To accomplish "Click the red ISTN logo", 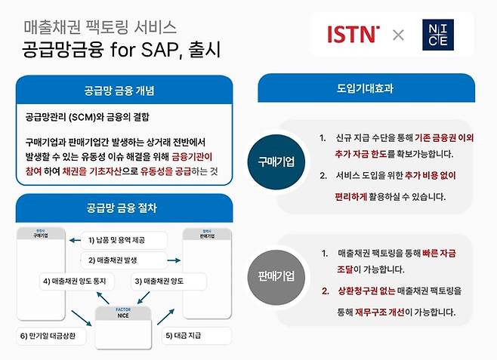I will [x=353, y=34].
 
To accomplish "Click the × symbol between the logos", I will [x=398, y=35].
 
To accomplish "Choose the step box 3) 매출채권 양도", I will [x=159, y=282].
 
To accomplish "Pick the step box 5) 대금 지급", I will [x=184, y=334].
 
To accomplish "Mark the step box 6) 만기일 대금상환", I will [x=52, y=334].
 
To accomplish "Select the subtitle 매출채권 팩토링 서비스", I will [x=100, y=28].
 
